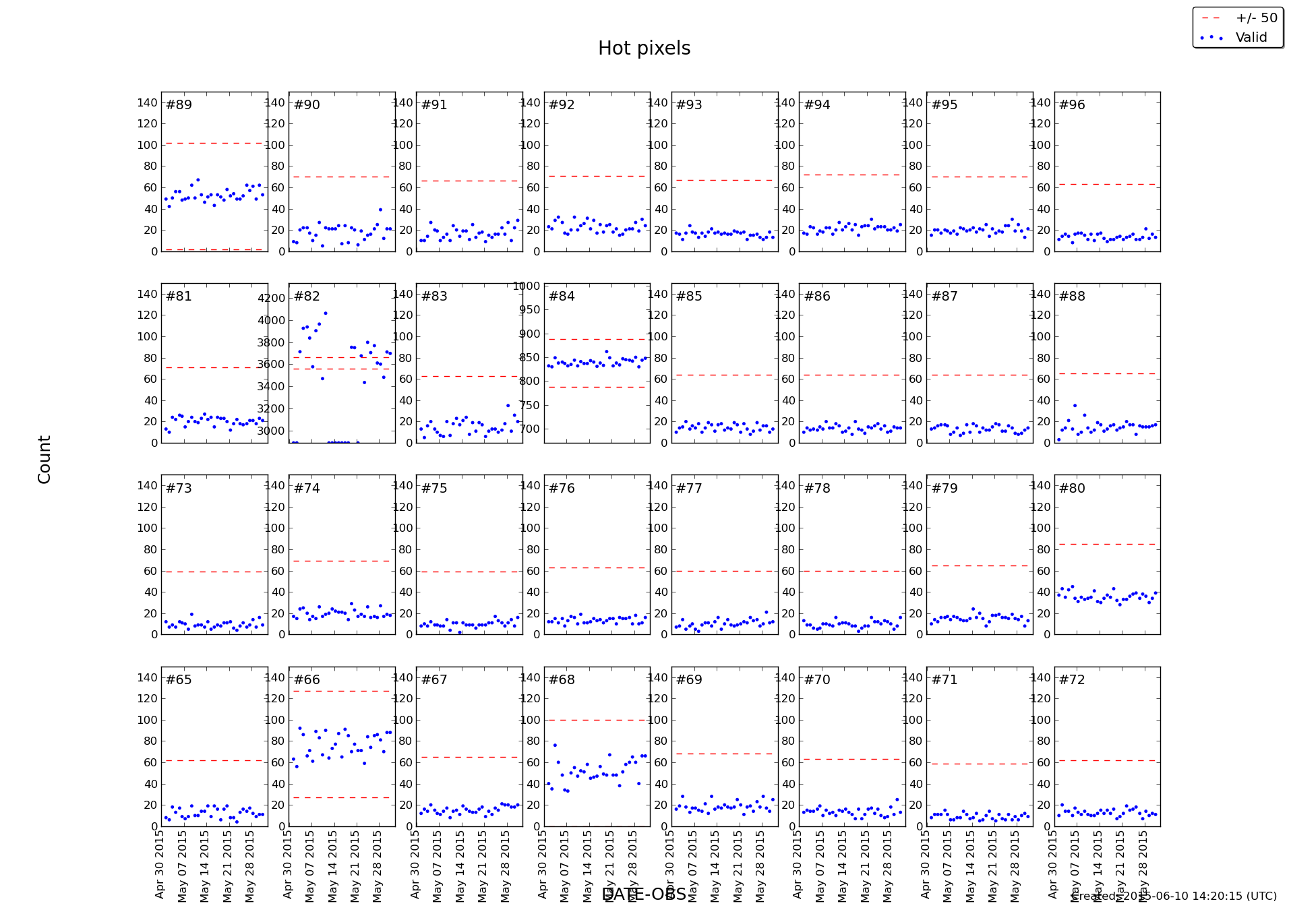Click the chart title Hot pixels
pyautogui.click(x=644, y=49)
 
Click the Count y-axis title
pyautogui.click(x=44, y=459)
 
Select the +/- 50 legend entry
pyautogui.click(x=1248, y=18)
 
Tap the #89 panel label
pyautogui.click(x=179, y=105)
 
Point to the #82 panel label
pyautogui.click(x=307, y=297)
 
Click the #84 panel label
pyautogui.click(x=562, y=297)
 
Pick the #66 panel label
pyautogui.click(x=307, y=680)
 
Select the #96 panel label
pyautogui.click(x=1072, y=105)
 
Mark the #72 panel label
pyautogui.click(x=1072, y=680)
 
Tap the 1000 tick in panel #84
pyautogui.click(x=527, y=286)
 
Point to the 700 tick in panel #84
pyautogui.click(x=529, y=429)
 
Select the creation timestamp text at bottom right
pyautogui.click(x=1174, y=896)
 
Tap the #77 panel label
pyautogui.click(x=689, y=489)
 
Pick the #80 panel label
pyautogui.click(x=1072, y=489)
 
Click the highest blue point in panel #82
pyautogui.click(x=326, y=313)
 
